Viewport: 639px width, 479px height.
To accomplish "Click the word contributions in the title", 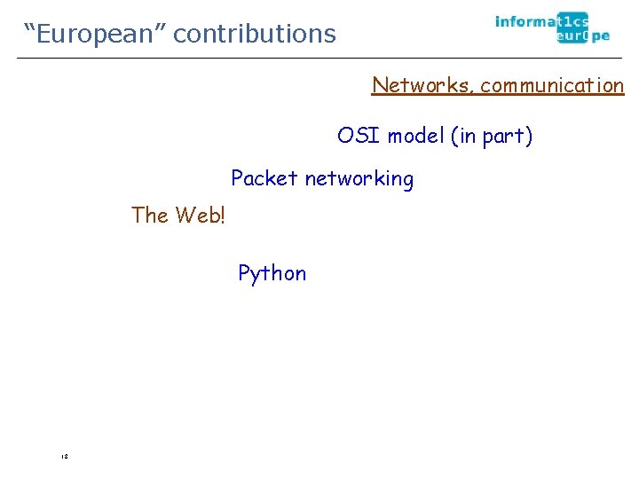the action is [255, 34].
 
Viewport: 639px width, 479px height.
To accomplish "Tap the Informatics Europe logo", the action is [552, 28].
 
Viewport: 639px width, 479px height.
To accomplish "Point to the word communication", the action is [552, 85].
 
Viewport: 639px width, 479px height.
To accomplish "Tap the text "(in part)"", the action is [492, 137].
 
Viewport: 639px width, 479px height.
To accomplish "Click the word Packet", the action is [264, 178].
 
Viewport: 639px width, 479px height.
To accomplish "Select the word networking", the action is [359, 179].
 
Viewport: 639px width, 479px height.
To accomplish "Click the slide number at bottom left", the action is [65, 456].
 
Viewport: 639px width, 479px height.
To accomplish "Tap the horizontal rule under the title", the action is [319, 59].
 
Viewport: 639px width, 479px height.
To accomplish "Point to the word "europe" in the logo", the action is [583, 36].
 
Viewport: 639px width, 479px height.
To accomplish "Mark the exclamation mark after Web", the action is [222, 215].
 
